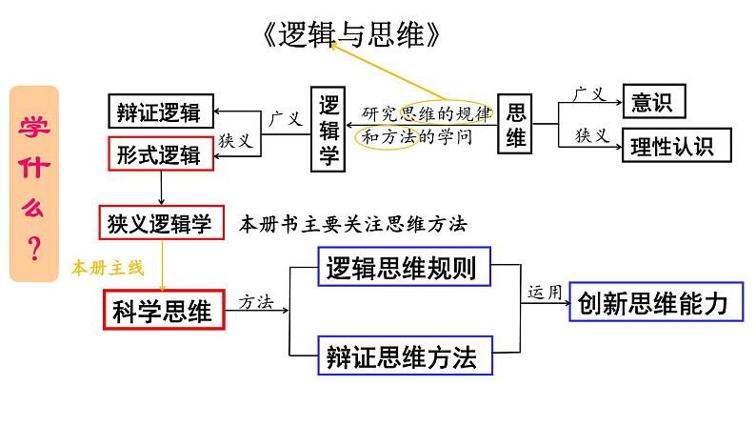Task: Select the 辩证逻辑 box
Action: pyautogui.click(x=160, y=112)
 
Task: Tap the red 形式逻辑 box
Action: pyautogui.click(x=160, y=154)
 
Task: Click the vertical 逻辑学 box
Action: pyautogui.click(x=328, y=130)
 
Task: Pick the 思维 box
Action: pyautogui.click(x=515, y=124)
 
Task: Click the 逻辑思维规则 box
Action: pyautogui.click(x=401, y=269)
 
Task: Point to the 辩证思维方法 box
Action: pyautogui.click(x=401, y=357)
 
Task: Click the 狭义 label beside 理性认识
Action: pyautogui.click(x=591, y=134)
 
